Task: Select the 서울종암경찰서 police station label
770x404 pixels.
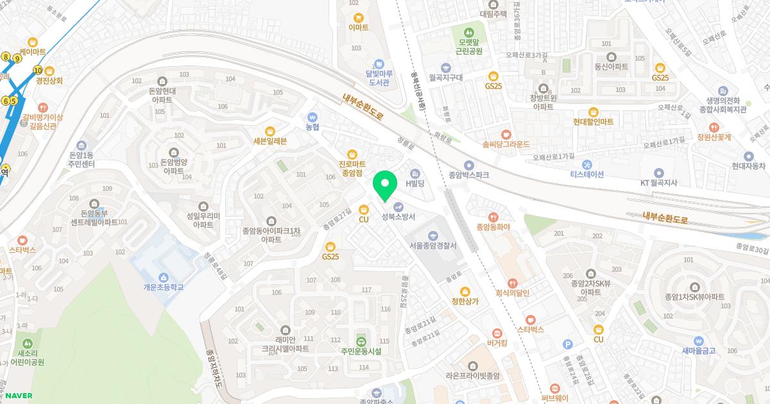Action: (432, 246)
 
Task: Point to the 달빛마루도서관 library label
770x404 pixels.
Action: (379, 78)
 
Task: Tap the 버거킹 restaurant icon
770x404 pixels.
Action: (497, 333)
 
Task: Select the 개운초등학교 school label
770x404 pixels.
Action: (164, 287)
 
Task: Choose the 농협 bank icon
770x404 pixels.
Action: (312, 118)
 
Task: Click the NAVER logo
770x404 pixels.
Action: (19, 396)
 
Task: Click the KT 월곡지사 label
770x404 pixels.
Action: (658, 183)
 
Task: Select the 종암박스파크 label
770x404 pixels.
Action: (468, 174)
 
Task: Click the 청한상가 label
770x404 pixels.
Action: (465, 301)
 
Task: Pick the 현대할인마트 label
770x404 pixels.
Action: (594, 121)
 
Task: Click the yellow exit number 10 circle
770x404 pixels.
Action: (38, 71)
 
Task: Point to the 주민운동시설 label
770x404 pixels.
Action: (361, 351)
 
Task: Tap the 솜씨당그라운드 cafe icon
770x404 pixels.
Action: (506, 135)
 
